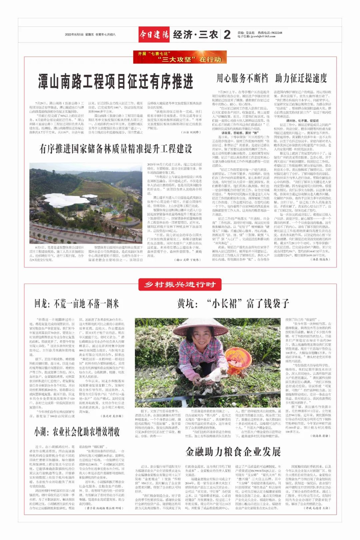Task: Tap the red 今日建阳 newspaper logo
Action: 154,34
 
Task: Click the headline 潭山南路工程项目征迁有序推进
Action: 116,81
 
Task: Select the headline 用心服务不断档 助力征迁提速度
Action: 272,78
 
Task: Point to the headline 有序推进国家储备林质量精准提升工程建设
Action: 116,149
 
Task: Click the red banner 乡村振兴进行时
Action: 180,285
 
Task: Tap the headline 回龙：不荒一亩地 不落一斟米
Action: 77,304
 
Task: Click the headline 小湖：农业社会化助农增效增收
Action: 77,432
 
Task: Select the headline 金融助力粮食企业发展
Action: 233,452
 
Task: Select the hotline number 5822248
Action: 276,33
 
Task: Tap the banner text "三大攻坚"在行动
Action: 190,60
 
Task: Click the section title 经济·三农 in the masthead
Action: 195,34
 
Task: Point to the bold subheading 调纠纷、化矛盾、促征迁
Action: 298,121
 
